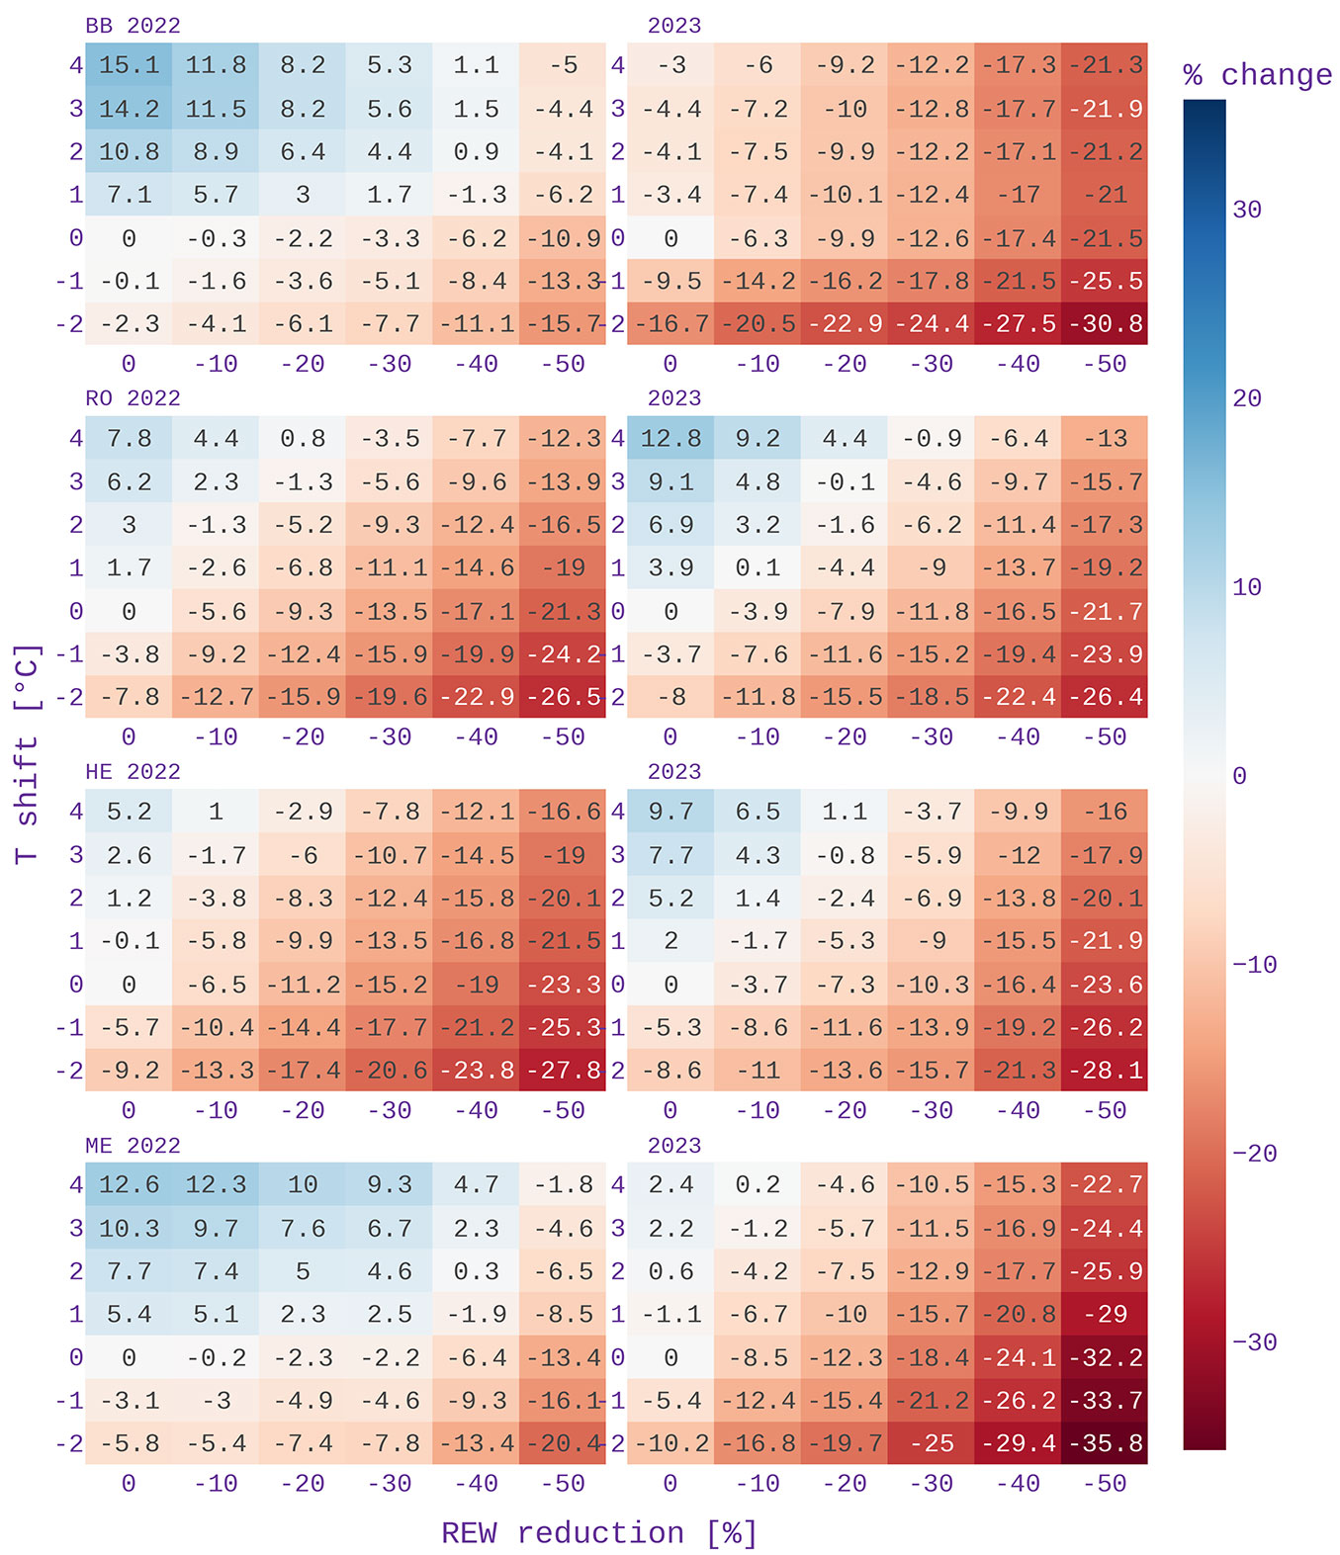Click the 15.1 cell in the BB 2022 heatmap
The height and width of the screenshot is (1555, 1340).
[129, 65]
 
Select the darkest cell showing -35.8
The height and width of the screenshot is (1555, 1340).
[1105, 1443]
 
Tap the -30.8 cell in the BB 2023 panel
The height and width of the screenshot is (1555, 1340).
[1105, 324]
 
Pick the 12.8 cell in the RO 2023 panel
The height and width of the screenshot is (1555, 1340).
[670, 438]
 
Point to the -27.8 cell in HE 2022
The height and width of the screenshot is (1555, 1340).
[563, 1071]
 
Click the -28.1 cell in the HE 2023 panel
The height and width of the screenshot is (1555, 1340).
[1105, 1071]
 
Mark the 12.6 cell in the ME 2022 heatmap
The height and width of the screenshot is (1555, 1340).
[129, 1184]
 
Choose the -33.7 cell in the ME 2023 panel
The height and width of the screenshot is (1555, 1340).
[1105, 1401]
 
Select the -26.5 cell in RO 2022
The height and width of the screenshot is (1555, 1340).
[563, 697]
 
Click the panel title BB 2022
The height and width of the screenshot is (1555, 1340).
[133, 26]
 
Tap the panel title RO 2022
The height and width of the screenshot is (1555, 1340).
[133, 398]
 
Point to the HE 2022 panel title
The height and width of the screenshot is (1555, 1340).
[133, 772]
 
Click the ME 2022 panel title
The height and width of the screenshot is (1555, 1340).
[133, 1146]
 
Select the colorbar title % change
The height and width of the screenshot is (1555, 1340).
[1257, 75]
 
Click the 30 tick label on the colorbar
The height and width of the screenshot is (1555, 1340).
[1246, 210]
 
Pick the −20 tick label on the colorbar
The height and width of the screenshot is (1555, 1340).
[1254, 1154]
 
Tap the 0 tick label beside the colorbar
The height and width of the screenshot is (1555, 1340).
[1239, 776]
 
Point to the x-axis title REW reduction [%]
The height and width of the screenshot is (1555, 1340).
[599, 1533]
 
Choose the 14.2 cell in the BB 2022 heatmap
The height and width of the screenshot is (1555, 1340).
[129, 109]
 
